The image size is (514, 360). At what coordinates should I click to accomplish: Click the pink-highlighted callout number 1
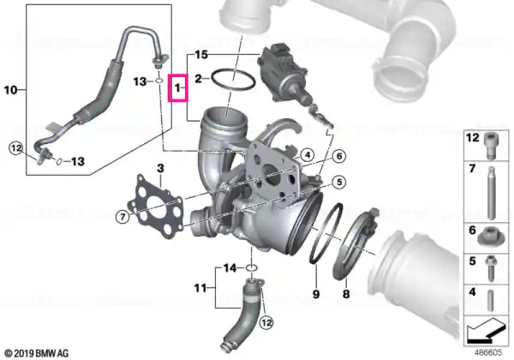click(x=177, y=88)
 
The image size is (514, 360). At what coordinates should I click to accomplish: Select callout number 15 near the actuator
click(x=201, y=54)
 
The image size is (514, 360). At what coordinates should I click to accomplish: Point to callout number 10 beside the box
click(x=10, y=89)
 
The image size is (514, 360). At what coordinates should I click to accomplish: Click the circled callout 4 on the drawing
click(x=308, y=155)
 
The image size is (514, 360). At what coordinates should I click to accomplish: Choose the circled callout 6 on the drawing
click(x=339, y=156)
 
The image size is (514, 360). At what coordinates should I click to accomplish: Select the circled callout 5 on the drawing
click(x=339, y=182)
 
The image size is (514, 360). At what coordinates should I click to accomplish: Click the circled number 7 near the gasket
click(x=123, y=217)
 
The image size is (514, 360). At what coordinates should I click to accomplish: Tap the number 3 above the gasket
click(x=160, y=169)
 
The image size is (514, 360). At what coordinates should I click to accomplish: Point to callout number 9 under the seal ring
click(x=316, y=294)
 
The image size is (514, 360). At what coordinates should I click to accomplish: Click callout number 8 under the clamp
click(x=346, y=294)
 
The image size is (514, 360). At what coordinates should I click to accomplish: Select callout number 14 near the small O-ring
click(x=230, y=268)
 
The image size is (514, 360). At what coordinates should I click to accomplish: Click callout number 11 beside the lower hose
click(x=200, y=288)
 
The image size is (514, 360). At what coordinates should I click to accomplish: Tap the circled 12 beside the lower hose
click(x=266, y=323)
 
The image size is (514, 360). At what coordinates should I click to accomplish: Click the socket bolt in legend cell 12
click(x=490, y=145)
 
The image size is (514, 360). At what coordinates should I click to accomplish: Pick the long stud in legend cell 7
click(x=491, y=193)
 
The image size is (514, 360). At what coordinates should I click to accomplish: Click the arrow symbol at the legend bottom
click(x=486, y=329)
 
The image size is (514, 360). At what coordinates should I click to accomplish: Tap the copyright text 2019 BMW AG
click(x=37, y=353)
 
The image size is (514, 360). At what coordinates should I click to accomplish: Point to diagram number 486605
click(x=488, y=352)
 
